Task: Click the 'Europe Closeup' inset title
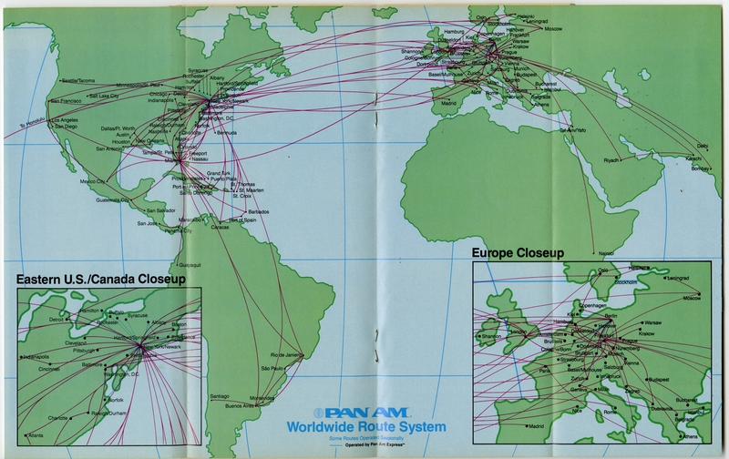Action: point(516,250)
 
